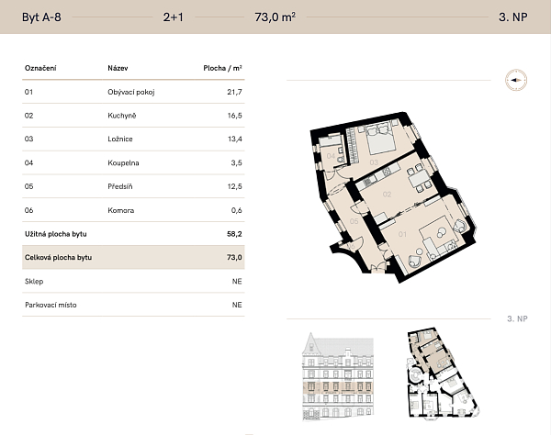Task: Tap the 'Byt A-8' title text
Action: click(41, 17)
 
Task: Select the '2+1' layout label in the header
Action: click(173, 17)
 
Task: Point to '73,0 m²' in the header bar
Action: click(275, 17)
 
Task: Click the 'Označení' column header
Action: click(40, 69)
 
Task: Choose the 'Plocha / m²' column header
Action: click(222, 69)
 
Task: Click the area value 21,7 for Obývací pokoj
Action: click(234, 93)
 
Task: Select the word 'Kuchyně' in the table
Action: click(122, 117)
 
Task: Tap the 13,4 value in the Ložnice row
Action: click(234, 140)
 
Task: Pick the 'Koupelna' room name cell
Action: click(123, 163)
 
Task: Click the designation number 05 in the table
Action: click(29, 187)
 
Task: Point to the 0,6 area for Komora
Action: click(236, 211)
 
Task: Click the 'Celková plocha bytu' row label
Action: click(58, 258)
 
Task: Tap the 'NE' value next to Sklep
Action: click(237, 282)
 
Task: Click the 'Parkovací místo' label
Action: click(51, 305)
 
